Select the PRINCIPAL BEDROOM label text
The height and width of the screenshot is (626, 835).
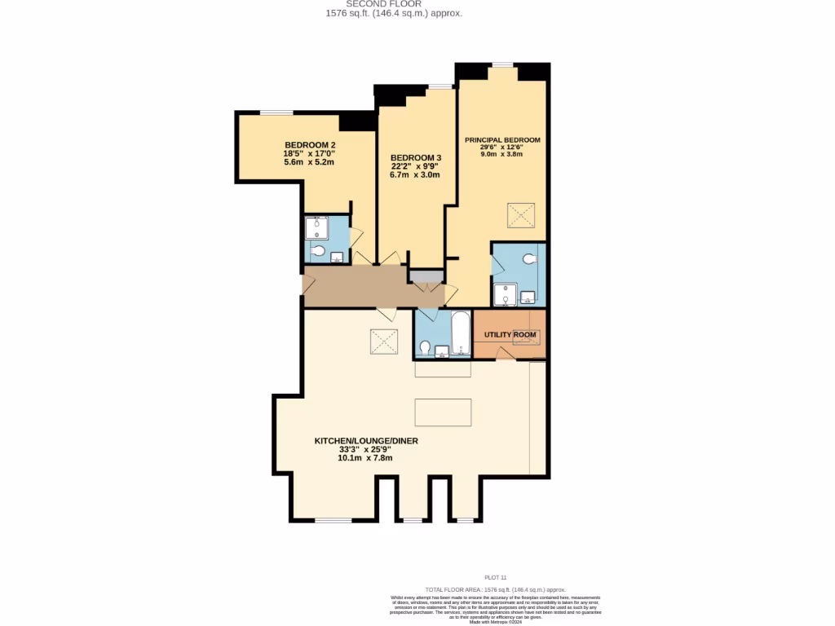click(502, 140)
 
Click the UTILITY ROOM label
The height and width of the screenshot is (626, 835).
click(510, 335)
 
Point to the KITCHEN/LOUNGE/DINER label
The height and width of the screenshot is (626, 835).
click(366, 441)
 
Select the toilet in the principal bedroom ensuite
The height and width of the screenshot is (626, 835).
click(531, 258)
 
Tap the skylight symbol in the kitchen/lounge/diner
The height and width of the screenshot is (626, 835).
click(383, 341)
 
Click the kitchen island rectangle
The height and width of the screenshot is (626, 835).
click(443, 412)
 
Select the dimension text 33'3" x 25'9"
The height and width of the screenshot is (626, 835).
click(365, 449)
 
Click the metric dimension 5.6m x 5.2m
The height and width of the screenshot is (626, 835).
click(309, 162)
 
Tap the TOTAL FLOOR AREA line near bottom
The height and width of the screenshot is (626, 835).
click(495, 589)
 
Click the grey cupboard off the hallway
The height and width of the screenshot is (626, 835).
click(425, 276)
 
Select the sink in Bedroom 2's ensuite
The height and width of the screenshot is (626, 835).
click(337, 257)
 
